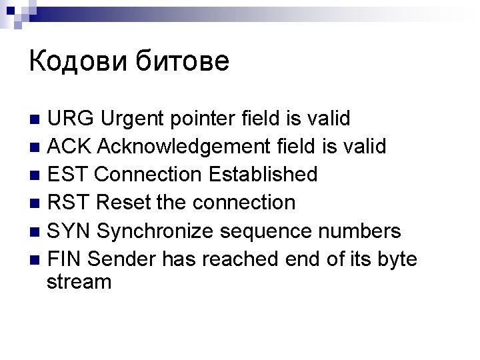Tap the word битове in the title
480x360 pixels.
(183, 61)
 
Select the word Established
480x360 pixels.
(263, 175)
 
